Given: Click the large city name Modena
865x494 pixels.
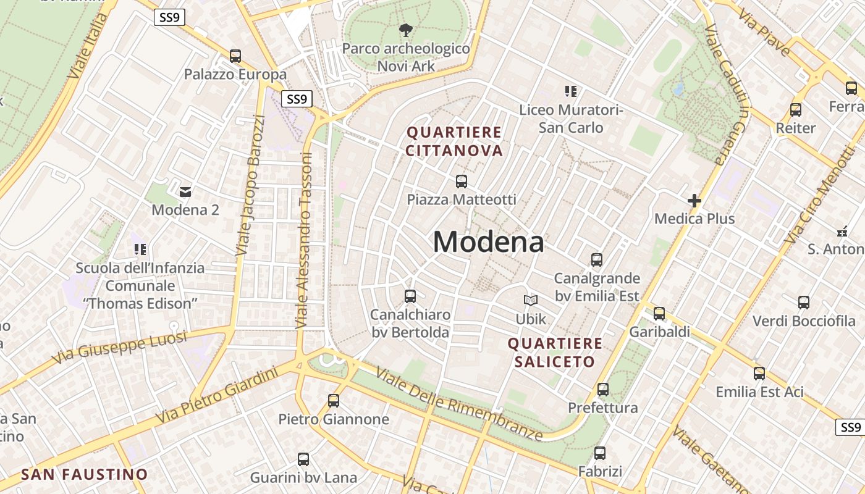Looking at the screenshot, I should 488,241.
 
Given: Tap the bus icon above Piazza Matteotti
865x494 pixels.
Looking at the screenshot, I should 462,182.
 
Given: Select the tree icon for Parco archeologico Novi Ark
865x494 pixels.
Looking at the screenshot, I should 406,30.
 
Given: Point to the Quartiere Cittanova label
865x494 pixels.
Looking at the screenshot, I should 454,141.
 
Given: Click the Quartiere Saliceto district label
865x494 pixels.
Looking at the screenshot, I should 554,353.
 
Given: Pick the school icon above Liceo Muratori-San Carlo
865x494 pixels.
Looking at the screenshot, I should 571,91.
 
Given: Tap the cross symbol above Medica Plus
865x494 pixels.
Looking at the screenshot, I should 694,201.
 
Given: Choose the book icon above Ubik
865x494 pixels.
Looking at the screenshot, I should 531,301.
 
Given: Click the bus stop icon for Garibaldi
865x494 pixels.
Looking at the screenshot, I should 659,314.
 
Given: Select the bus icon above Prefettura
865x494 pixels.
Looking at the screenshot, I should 603,390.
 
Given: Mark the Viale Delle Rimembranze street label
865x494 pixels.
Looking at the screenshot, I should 460,404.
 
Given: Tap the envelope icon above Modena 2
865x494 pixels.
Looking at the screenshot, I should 185,191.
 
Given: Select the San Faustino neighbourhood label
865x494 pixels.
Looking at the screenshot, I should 85,474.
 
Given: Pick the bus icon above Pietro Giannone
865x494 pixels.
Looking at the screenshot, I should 334,401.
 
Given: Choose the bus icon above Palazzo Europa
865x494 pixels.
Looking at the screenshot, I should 235,56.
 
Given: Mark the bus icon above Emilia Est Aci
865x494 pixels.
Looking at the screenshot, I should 759,374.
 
